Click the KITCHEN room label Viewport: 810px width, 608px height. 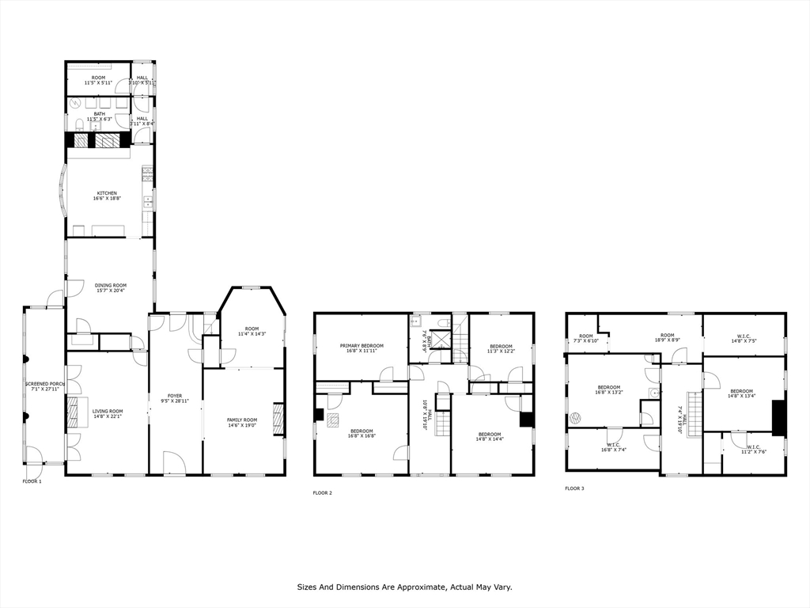tap(107, 193)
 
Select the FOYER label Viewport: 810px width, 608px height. tap(175, 396)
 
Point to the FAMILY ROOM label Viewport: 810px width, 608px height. tap(242, 420)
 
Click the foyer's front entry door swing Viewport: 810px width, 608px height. tap(174, 462)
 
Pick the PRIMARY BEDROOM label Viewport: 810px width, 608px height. tap(361, 346)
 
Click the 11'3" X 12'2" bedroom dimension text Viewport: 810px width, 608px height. tap(501, 351)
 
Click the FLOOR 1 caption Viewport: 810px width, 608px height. tap(32, 481)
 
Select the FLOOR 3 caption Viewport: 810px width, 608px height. tap(574, 488)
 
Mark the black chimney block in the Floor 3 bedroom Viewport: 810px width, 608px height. tap(778, 417)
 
